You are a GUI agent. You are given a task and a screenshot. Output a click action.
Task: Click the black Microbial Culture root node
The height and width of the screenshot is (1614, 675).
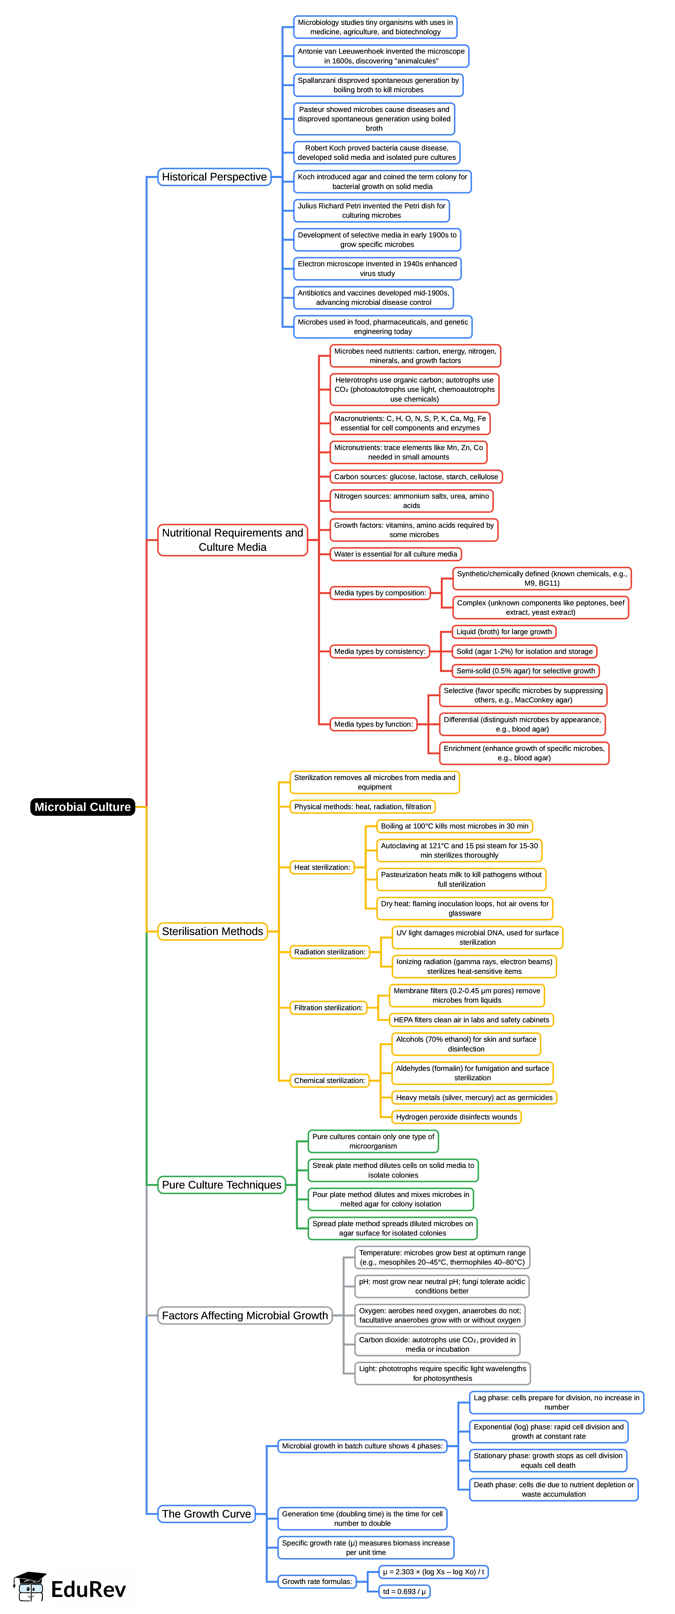83,807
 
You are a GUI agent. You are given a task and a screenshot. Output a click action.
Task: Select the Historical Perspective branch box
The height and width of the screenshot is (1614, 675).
214,177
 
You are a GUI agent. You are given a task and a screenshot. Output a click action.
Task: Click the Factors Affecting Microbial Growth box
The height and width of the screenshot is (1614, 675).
245,1315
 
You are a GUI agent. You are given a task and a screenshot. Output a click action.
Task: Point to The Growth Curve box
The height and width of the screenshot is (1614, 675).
206,1514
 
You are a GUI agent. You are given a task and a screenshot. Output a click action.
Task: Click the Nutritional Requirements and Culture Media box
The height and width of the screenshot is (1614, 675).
232,540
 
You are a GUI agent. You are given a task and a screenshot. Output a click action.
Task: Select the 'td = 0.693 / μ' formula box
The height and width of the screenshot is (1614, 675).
404,1592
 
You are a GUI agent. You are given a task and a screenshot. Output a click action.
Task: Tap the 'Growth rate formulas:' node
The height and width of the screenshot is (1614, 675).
317,1582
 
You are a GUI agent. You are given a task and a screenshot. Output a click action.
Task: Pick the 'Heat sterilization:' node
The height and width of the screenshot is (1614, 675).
322,867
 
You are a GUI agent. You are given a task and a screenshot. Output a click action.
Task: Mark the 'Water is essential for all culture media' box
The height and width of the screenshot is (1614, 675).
396,554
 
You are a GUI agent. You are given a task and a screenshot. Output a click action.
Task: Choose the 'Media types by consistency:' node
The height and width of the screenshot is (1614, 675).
380,652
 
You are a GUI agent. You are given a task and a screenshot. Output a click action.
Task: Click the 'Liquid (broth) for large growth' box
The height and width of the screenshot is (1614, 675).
504,632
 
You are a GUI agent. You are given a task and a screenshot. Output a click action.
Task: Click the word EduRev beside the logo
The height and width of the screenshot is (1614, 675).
88,1589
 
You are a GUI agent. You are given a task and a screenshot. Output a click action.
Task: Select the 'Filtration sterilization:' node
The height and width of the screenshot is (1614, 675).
329,1007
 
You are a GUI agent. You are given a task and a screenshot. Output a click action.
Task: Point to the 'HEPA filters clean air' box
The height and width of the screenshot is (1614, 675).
471,1020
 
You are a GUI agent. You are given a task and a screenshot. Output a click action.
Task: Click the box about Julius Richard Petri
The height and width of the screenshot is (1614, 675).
372,210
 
